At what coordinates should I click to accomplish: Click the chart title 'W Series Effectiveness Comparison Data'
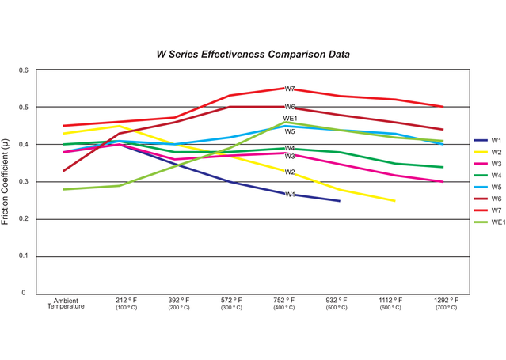[253, 55]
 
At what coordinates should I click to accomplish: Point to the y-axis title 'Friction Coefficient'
[7, 181]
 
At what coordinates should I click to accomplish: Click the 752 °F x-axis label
[285, 301]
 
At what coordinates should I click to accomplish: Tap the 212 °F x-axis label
[126, 301]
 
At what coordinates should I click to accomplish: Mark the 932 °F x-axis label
[338, 301]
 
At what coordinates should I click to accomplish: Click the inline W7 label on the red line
[290, 89]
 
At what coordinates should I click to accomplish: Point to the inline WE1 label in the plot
[290, 119]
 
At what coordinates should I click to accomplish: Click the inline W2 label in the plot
[290, 172]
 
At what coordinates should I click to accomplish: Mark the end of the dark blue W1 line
[339, 201]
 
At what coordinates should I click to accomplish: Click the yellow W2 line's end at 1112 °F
[394, 201]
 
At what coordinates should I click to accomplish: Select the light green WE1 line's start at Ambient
[65, 190]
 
